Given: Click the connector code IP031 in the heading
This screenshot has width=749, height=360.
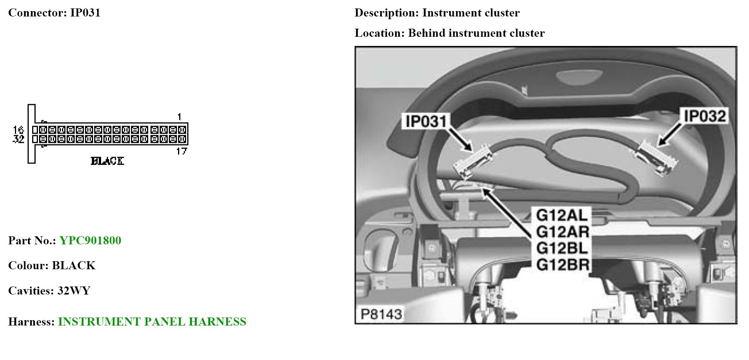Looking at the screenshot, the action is [x=85, y=13].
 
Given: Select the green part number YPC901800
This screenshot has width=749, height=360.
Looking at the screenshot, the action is [x=90, y=241].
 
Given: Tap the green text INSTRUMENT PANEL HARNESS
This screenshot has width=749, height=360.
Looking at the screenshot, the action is [x=152, y=322].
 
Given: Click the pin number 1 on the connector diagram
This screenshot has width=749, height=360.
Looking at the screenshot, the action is [x=179, y=116].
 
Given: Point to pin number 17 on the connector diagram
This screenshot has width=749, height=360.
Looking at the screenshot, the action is [x=182, y=152].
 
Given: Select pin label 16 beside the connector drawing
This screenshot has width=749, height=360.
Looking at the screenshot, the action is [x=18, y=130].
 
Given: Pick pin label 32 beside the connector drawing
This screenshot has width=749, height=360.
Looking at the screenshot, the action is [x=18, y=139].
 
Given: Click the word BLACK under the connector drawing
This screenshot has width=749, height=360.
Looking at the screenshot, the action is [x=107, y=161].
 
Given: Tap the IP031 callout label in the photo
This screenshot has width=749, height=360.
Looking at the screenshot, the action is [x=426, y=121].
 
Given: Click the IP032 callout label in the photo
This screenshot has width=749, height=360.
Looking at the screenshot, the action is [x=705, y=116].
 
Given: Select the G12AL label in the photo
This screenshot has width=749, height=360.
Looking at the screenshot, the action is [x=561, y=215].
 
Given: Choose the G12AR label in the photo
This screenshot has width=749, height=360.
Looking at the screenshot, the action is [x=562, y=232].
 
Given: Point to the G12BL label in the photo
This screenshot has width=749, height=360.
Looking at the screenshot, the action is [x=561, y=248].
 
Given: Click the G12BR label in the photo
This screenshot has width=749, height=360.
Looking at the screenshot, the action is [x=562, y=265].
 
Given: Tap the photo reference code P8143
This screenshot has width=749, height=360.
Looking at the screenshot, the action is [x=381, y=314].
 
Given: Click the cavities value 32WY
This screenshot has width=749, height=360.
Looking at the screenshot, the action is [x=74, y=291].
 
